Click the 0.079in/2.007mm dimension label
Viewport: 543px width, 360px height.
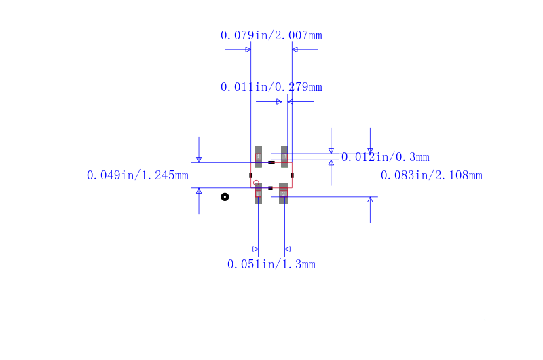[271, 35]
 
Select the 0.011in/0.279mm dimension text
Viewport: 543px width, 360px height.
[271, 87]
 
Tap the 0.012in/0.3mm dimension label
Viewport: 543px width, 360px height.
[386, 157]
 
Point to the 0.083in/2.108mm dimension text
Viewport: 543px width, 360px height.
[432, 175]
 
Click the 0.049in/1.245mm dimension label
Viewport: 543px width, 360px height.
[138, 175]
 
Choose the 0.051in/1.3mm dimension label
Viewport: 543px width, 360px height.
[271, 264]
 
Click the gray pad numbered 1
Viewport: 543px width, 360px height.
[258, 194]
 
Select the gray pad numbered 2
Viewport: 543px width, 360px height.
[284, 194]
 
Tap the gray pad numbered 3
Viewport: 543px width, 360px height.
[284, 157]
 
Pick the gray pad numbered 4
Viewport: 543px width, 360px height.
[258, 157]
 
